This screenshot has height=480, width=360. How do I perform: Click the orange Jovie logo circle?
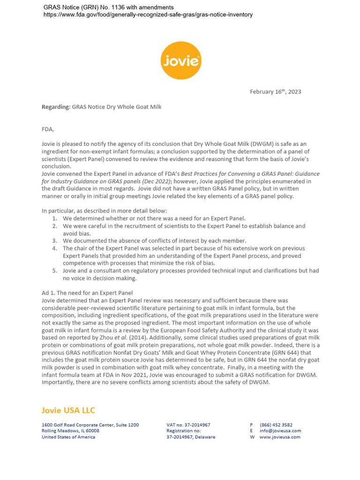[181, 60]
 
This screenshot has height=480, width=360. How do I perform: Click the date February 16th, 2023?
[275, 92]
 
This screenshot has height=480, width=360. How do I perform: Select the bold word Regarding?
[55, 107]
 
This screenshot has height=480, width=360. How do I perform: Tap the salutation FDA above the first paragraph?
[48, 129]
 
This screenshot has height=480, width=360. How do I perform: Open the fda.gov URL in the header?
[148, 15]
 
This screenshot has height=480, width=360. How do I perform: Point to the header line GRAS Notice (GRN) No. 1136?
[108, 7]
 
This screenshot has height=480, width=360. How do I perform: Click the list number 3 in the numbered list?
[55, 241]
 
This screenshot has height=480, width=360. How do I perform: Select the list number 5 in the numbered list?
[55, 271]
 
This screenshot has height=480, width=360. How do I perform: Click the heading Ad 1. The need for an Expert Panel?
[87, 293]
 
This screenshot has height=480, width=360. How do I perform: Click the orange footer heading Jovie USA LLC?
[68, 411]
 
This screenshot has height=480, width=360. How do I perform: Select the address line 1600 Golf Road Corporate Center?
[90, 425]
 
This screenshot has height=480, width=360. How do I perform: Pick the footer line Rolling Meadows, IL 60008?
[70, 431]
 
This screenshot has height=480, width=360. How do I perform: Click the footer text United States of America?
[68, 437]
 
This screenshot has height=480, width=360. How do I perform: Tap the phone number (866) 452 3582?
[276, 425]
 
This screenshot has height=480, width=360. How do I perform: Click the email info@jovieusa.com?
[280, 431]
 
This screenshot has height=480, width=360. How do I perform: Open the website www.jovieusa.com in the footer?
[280, 437]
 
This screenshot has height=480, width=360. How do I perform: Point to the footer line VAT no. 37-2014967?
[188, 425]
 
